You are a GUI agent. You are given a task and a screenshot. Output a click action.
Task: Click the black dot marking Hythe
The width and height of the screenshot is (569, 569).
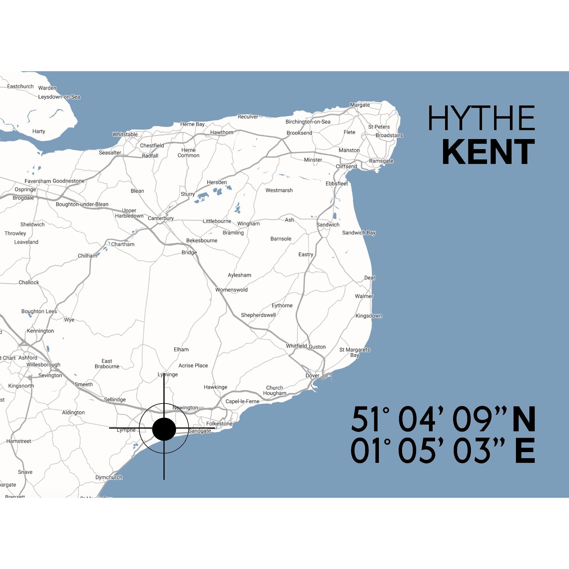[164, 429]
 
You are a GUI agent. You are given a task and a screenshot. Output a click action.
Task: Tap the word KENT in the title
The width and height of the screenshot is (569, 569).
[488, 152]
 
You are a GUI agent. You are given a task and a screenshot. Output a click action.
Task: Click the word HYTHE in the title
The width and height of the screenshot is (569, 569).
[481, 118]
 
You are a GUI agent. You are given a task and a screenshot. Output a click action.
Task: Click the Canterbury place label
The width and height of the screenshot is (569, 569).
[161, 218]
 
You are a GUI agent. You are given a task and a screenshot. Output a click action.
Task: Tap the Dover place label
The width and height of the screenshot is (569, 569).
[312, 376]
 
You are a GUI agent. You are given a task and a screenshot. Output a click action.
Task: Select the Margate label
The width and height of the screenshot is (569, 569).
[360, 105]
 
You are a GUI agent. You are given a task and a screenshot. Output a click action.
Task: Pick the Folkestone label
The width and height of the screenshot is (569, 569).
[219, 424]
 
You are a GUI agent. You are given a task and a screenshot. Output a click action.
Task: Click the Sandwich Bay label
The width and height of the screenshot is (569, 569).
[359, 233]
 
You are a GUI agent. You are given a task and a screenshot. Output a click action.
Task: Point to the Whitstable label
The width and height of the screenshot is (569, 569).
[125, 134]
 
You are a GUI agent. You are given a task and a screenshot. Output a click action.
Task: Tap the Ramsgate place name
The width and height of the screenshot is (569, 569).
[381, 161]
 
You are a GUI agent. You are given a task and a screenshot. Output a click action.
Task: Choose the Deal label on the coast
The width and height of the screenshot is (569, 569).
[369, 278]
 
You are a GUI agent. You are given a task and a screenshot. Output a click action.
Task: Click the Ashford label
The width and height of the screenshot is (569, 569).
[28, 358]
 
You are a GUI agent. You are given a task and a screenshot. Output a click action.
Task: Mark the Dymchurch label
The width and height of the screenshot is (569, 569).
[109, 477]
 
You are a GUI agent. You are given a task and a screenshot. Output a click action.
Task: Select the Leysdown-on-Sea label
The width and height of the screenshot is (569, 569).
[59, 97]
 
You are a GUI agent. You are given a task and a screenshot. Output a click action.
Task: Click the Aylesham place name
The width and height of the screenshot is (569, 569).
[239, 275]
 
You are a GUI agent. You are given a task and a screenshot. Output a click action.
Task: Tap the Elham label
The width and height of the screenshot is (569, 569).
[181, 349]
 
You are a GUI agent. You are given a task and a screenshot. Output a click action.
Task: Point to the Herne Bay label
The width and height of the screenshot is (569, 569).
[192, 124]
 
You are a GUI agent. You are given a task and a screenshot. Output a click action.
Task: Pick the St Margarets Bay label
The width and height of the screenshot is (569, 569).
[354, 352]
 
